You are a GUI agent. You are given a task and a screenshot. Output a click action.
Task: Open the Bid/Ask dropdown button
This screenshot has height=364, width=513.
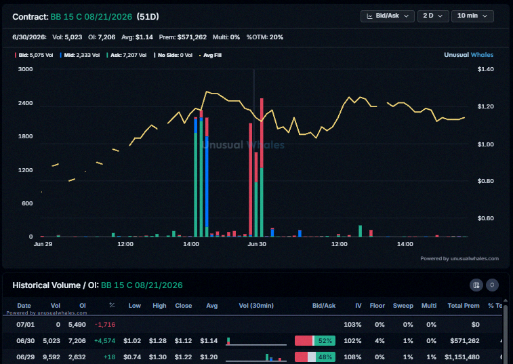click(388, 16)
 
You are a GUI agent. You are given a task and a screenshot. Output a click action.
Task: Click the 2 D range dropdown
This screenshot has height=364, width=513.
click(433, 16)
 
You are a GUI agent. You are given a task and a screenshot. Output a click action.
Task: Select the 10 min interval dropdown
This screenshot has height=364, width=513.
click(472, 16)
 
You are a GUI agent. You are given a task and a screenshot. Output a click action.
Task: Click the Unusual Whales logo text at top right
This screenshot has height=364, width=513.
click(468, 55)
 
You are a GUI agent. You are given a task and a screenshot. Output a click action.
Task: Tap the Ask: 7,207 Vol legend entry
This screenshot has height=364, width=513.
click(127, 56)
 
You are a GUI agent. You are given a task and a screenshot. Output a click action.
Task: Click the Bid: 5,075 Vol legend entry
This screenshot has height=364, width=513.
click(34, 56)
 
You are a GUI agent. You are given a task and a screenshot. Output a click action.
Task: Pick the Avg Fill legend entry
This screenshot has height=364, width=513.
click(210, 56)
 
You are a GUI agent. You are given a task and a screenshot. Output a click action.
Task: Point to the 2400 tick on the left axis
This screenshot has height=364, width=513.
click(26, 103)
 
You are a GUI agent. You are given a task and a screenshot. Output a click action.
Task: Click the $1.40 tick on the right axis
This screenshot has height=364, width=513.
click(485, 69)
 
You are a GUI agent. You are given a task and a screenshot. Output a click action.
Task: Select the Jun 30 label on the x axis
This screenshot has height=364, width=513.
click(257, 244)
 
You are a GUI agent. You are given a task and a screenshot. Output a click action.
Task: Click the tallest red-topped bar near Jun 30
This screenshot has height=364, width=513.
click(262, 167)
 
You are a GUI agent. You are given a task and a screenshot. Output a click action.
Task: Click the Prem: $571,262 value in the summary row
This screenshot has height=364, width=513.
click(182, 37)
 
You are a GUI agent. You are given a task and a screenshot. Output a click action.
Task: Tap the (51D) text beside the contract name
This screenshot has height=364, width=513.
click(148, 17)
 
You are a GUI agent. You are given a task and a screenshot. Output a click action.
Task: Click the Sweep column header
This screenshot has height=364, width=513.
click(403, 306)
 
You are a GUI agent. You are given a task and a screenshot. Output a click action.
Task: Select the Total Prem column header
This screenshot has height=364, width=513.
click(464, 306)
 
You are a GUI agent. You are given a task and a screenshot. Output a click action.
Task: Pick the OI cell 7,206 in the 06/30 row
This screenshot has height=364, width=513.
click(77, 341)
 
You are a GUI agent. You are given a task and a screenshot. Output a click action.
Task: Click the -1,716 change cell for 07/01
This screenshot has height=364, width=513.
click(105, 325)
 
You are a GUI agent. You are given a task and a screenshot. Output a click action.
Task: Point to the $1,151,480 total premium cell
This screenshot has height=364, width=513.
click(462, 357)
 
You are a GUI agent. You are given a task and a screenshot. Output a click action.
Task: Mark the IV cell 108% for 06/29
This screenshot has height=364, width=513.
click(352, 357)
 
